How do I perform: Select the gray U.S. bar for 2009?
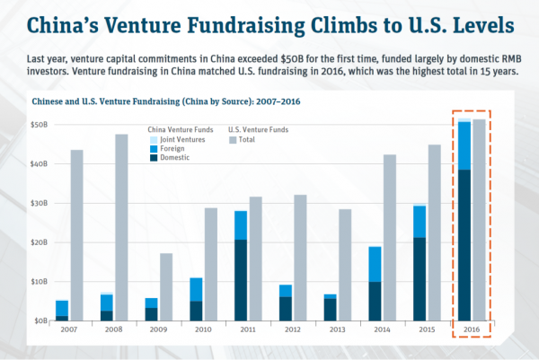(x=167, y=286)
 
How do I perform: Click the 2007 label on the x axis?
(x=67, y=330)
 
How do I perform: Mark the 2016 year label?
(x=471, y=330)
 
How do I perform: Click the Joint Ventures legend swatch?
(x=153, y=139)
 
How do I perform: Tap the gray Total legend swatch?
(x=234, y=139)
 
